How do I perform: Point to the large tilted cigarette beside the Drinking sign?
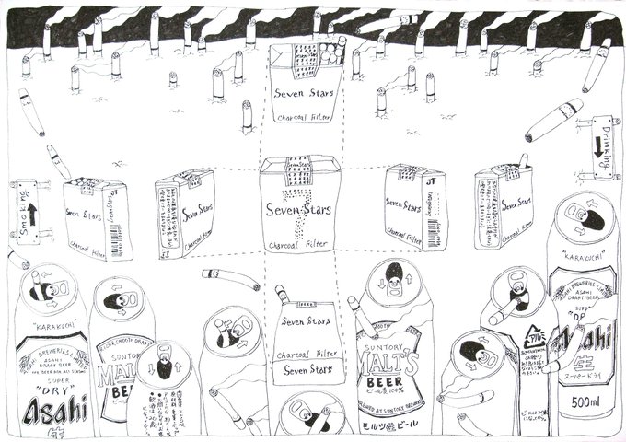pos(553,121)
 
